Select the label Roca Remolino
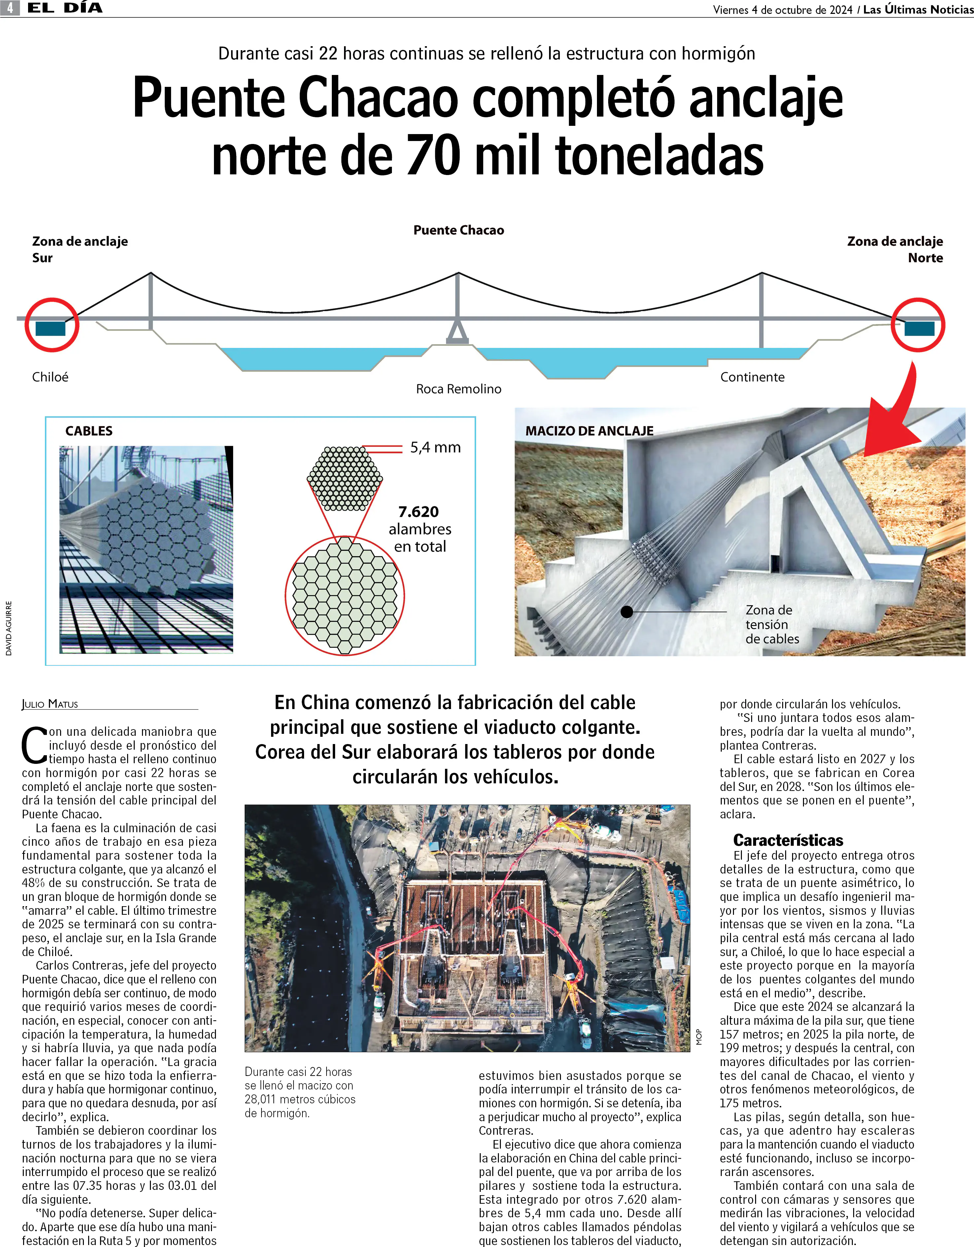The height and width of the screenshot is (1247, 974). [459, 389]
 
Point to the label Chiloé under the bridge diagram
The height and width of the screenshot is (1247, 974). [50, 377]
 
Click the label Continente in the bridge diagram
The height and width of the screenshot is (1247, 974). [752, 377]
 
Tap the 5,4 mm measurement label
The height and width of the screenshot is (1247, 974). [435, 447]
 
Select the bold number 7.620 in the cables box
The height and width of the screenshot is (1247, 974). [418, 512]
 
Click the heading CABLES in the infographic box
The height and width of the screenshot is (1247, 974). [89, 431]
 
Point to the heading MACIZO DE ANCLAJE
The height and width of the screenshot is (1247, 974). [589, 431]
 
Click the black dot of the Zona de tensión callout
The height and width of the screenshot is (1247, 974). [627, 612]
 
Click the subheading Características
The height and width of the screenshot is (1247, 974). [788, 840]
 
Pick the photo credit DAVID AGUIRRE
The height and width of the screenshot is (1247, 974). [9, 628]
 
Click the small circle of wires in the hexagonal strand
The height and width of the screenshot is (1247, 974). [345, 479]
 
